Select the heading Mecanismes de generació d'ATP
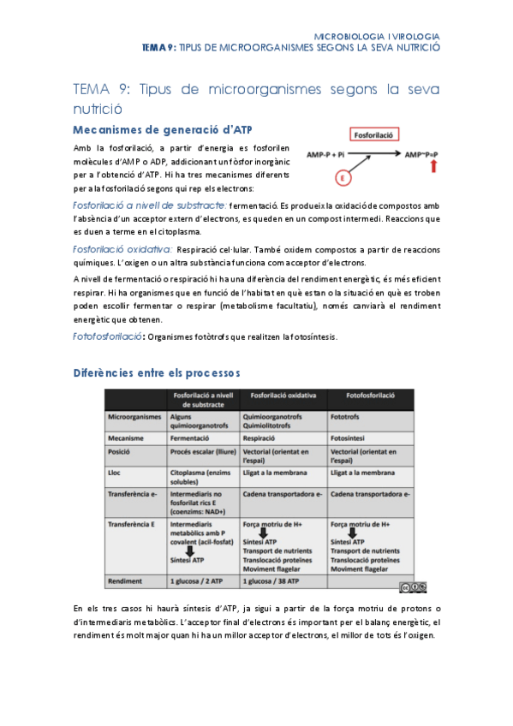[x=163, y=130]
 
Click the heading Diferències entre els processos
[x=157, y=373]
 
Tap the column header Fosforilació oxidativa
[x=283, y=396]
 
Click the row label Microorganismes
[x=134, y=416]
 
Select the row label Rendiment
[x=126, y=581]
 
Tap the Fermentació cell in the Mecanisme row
[x=193, y=437]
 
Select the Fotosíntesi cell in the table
[x=350, y=437]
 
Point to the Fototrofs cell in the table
[x=347, y=416]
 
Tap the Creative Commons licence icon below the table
[x=412, y=586]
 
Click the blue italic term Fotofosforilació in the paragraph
[x=109, y=337]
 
